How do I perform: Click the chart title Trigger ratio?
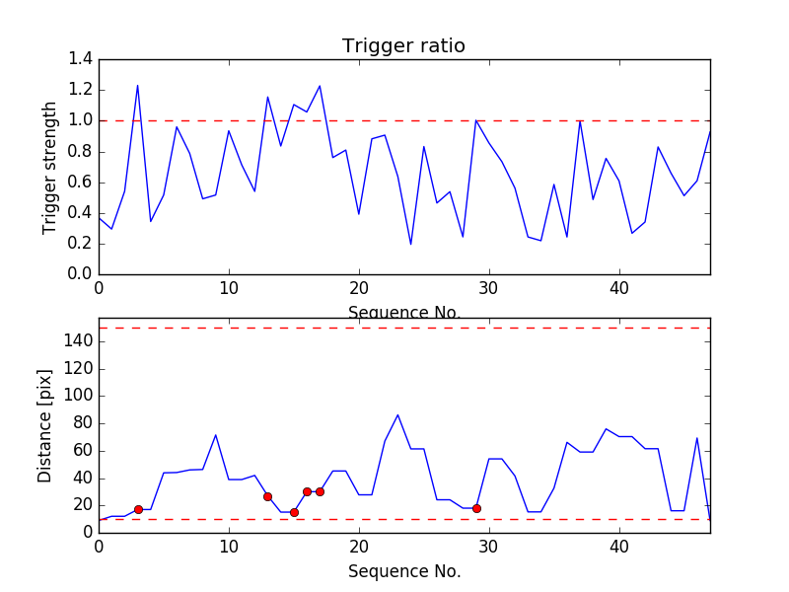pyautogui.click(x=403, y=46)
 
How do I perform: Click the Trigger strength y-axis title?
pyautogui.click(x=50, y=166)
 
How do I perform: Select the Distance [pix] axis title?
pyautogui.click(x=45, y=425)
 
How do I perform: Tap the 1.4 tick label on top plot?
pyautogui.click(x=81, y=59)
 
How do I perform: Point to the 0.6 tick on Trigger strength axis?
pyautogui.click(x=81, y=182)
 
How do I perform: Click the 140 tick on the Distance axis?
pyautogui.click(x=77, y=341)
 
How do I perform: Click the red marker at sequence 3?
pyautogui.click(x=138, y=509)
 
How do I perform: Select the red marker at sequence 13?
pyautogui.click(x=267, y=496)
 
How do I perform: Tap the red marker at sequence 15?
pyautogui.click(x=294, y=512)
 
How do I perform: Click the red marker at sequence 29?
pyautogui.click(x=476, y=508)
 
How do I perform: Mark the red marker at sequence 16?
pyautogui.click(x=307, y=491)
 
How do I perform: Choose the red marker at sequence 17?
pyautogui.click(x=320, y=491)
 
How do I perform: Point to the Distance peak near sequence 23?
pyautogui.click(x=397, y=414)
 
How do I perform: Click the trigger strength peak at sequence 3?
pyautogui.click(x=137, y=85)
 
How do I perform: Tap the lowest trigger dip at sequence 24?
pyautogui.click(x=410, y=244)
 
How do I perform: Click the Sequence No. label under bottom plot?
pyautogui.click(x=403, y=571)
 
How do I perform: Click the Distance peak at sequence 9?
pyautogui.click(x=216, y=435)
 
